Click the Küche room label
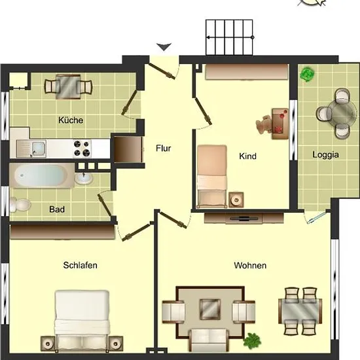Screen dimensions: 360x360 click(x=71, y=120)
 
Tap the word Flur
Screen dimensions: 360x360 click(x=164, y=148)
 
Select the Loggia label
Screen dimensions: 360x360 click(x=325, y=154)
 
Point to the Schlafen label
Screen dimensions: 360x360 click(x=80, y=265)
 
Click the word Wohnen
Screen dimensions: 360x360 click(x=250, y=265)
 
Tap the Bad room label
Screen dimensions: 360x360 click(x=57, y=209)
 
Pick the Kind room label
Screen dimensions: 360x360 click(x=247, y=156)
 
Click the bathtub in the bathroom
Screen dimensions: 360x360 click(x=41, y=175)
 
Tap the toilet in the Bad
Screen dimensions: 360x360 click(x=20, y=205)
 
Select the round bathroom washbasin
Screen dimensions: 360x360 click(x=84, y=179)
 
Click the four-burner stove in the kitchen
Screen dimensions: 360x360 click(x=82, y=149)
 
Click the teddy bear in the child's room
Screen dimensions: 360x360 click(x=264, y=124)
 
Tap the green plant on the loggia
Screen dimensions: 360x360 click(x=307, y=74)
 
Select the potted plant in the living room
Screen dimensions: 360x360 click(x=252, y=340)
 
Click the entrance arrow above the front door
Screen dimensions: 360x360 click(x=164, y=47)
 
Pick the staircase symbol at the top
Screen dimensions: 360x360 click(x=229, y=37)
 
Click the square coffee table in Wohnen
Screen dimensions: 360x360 click(x=210, y=309)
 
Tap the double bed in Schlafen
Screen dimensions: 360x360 click(x=82, y=321)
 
